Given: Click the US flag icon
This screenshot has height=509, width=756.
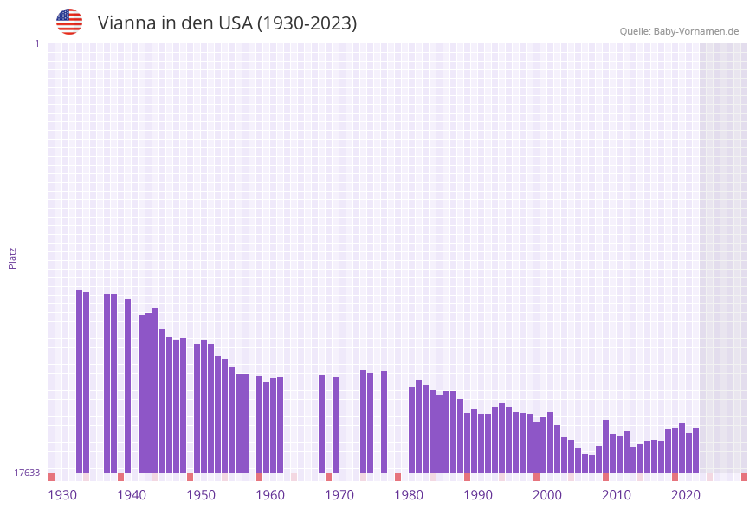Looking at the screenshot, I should [69, 22].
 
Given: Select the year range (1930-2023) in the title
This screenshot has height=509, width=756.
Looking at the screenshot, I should [307, 23].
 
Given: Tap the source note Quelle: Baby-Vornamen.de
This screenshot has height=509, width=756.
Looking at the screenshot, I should [679, 31].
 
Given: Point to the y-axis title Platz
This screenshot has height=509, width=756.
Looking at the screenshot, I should [13, 258].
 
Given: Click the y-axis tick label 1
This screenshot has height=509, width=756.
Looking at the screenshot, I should [36, 43].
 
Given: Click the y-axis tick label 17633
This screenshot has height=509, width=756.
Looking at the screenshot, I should [27, 473].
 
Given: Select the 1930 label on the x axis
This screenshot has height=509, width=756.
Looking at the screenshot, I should [62, 495].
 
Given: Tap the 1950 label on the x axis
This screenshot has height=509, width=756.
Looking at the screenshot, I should [201, 495].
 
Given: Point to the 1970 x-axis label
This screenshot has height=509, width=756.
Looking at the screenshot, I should [339, 495].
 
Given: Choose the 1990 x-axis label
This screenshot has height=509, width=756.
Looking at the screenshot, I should [478, 495].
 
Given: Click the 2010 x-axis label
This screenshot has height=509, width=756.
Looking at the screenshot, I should [617, 495].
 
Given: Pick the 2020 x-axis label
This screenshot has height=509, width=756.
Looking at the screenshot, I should [686, 495].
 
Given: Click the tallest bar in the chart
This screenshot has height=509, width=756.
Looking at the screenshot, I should [80, 382].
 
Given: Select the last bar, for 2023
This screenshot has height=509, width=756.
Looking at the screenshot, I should [695, 450].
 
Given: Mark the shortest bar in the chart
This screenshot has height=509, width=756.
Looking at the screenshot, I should [592, 464].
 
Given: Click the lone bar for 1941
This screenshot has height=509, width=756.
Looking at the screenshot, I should [128, 386].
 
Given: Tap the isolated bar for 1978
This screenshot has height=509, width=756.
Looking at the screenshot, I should [384, 421].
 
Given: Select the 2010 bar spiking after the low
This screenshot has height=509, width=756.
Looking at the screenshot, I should [606, 446].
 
